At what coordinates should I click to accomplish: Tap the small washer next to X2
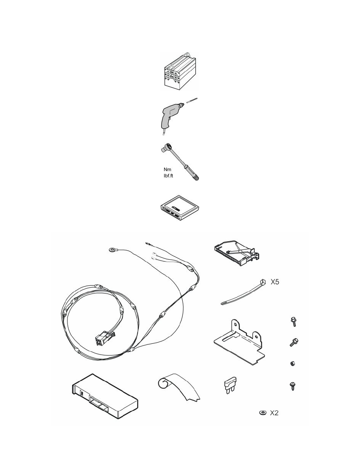[263, 412]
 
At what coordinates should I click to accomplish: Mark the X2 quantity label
[274, 413]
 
